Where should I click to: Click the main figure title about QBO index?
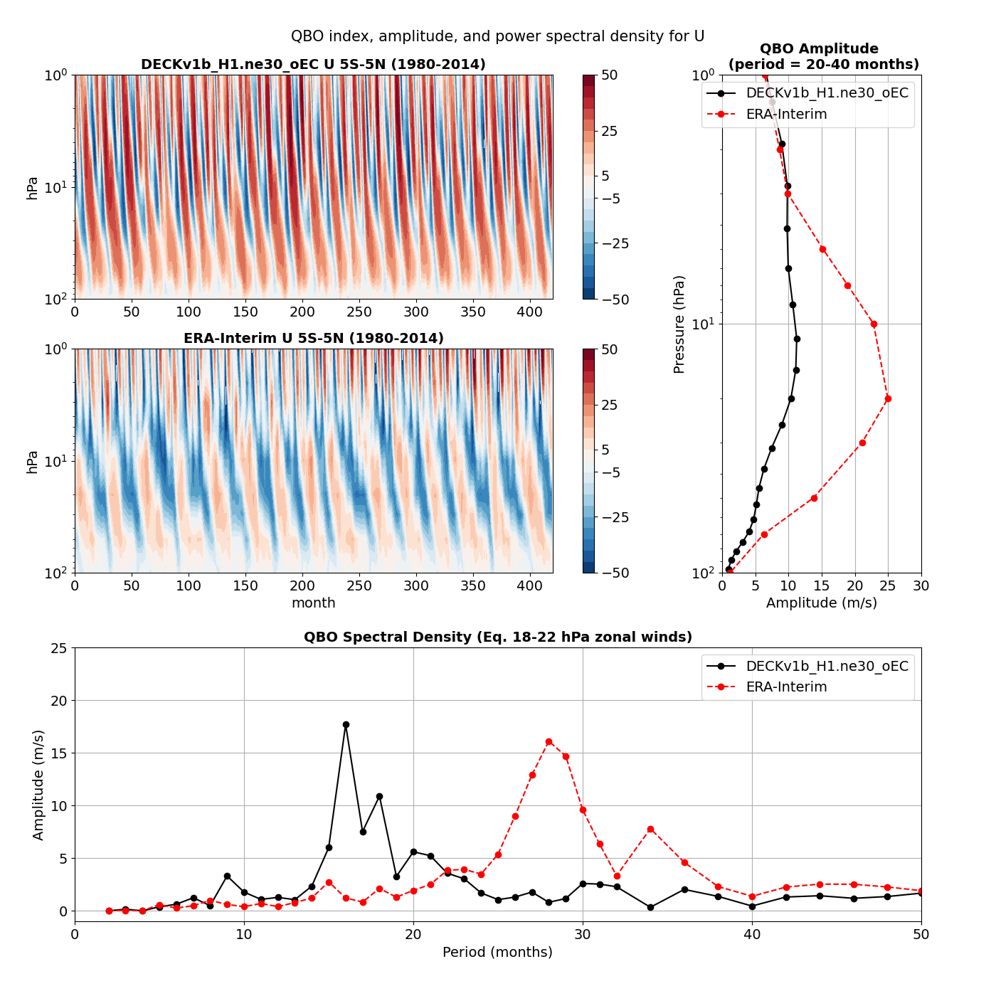(x=497, y=36)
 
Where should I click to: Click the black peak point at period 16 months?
(x=346, y=724)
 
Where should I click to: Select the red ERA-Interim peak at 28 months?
(x=549, y=741)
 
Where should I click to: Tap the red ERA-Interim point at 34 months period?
(x=650, y=829)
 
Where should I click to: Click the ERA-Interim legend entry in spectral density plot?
(x=786, y=687)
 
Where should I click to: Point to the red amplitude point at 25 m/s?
(x=888, y=398)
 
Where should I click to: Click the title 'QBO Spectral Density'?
(x=497, y=637)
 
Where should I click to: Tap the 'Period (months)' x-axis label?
(x=497, y=952)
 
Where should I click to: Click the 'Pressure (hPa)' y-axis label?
(x=679, y=324)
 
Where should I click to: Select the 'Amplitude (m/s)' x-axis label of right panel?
(x=821, y=603)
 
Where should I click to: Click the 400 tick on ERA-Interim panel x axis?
(x=529, y=586)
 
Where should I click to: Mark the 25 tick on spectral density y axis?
(x=59, y=648)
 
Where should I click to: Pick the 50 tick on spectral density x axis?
(x=921, y=934)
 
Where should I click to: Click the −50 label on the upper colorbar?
(x=615, y=300)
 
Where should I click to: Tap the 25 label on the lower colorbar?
(x=609, y=405)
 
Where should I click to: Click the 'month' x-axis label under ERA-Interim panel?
(x=313, y=603)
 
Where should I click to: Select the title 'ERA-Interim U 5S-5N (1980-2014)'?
(x=313, y=339)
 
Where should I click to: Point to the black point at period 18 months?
(x=379, y=796)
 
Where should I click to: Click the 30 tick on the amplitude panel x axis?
(x=921, y=586)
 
